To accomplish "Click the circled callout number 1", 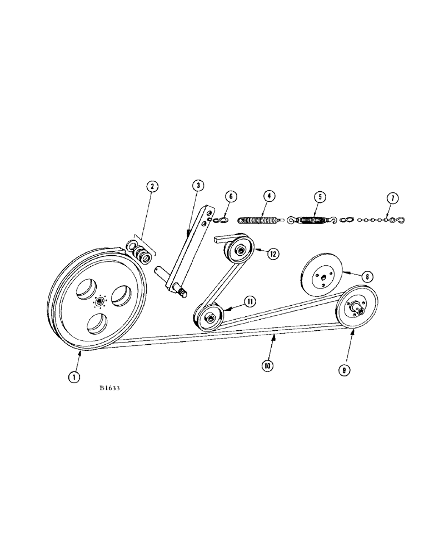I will (x=73, y=377).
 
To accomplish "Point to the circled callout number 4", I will (x=268, y=196).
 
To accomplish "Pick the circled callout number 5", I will (x=320, y=196).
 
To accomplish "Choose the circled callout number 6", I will (x=231, y=196).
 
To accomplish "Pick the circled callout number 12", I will (x=272, y=254).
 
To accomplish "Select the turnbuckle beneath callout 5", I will (x=313, y=220).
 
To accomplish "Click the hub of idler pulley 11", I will (x=211, y=319).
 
